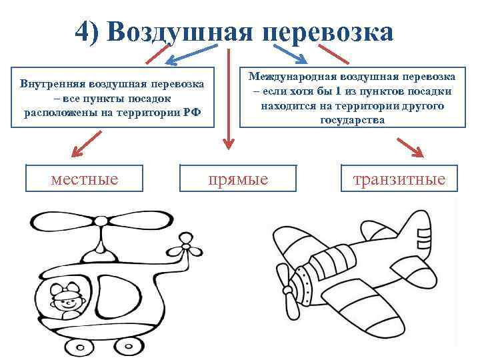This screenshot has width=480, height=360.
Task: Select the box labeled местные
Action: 84,178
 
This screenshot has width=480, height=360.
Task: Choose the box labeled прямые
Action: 238,179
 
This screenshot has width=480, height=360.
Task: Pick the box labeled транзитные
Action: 399,179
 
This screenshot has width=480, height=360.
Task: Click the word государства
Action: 352,120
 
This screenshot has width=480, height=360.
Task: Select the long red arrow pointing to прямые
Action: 229,100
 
